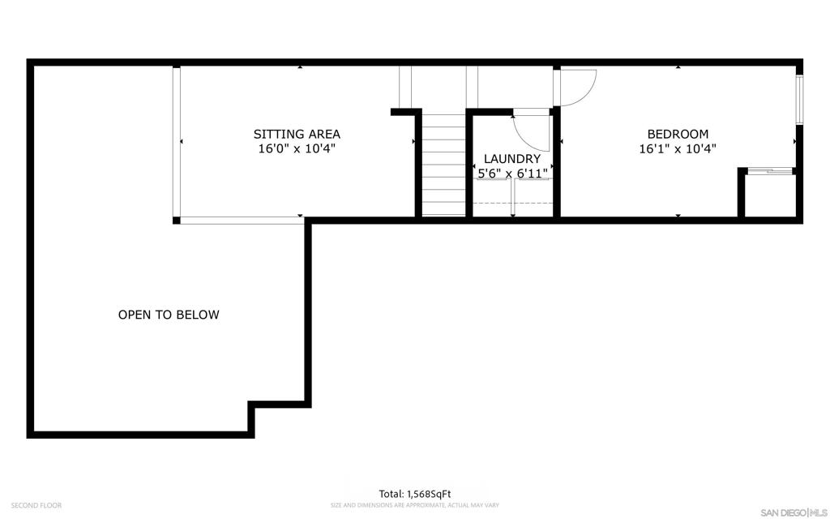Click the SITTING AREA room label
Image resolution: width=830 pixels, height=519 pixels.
297,134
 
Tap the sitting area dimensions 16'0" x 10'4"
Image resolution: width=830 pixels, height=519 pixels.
297,149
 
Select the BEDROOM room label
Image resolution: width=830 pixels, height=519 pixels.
678,134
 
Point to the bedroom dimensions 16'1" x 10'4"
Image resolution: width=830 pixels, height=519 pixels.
678,149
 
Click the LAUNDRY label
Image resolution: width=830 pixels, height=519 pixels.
511,159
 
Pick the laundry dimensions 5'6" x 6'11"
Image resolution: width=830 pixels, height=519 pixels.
511,174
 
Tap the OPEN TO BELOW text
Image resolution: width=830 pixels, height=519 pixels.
169,315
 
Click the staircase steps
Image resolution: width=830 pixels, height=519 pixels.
444,165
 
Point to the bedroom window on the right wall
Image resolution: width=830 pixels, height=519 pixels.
798,99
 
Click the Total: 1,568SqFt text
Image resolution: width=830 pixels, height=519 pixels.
415,494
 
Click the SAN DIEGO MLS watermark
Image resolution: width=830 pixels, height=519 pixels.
792,512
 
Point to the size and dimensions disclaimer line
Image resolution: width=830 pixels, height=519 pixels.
415,505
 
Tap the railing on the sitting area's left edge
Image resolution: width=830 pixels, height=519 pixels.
177,142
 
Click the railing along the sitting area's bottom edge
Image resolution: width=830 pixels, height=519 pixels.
241,219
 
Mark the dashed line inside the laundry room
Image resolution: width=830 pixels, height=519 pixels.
511,203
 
